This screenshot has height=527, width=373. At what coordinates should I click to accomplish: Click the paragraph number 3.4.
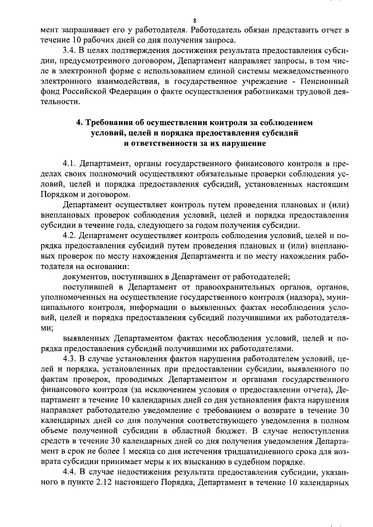click(69, 51)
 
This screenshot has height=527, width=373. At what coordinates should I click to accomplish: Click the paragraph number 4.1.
click(69, 164)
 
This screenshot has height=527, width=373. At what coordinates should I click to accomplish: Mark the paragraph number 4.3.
click(69, 357)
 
